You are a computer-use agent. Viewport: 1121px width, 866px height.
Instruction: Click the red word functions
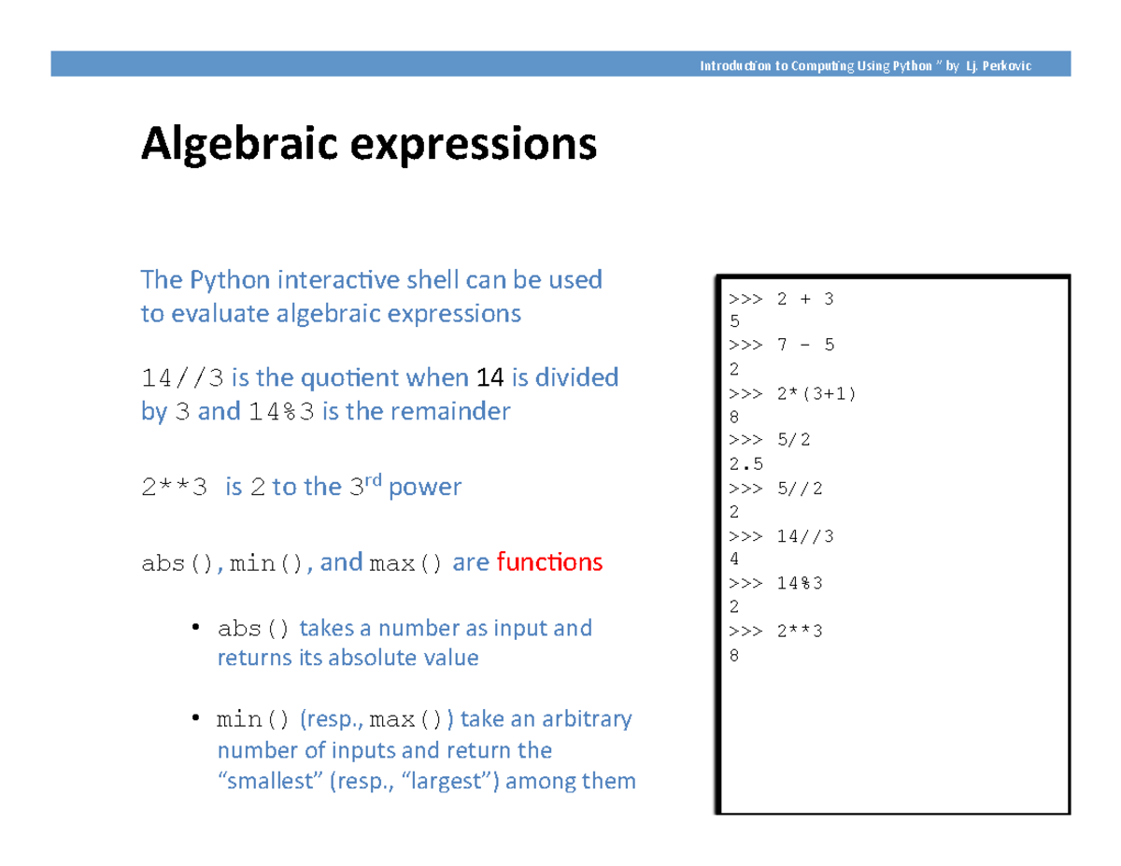[x=549, y=563]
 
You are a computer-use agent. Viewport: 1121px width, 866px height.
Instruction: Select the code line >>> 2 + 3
[x=780, y=299]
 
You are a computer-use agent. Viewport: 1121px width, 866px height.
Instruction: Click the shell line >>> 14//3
[x=780, y=536]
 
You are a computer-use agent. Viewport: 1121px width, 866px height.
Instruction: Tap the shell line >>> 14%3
[x=775, y=584]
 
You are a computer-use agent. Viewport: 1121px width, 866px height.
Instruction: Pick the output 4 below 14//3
[x=733, y=560]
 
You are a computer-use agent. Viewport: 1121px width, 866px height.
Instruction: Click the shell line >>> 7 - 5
[x=780, y=346]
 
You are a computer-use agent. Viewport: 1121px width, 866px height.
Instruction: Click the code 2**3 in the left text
[x=173, y=489]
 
